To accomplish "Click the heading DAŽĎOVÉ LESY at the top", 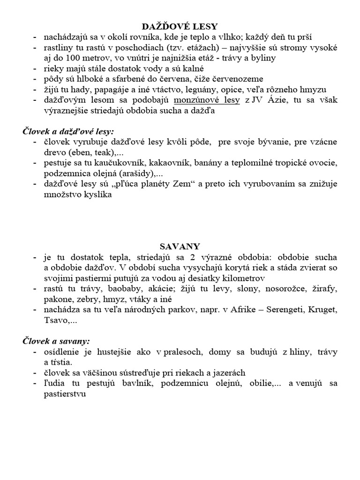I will pos(180,26).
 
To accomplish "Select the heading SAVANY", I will pos(180,246).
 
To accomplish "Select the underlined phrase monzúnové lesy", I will pos(207,101).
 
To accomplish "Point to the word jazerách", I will pos(227,373).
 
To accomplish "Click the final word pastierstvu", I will pos(66,394).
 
